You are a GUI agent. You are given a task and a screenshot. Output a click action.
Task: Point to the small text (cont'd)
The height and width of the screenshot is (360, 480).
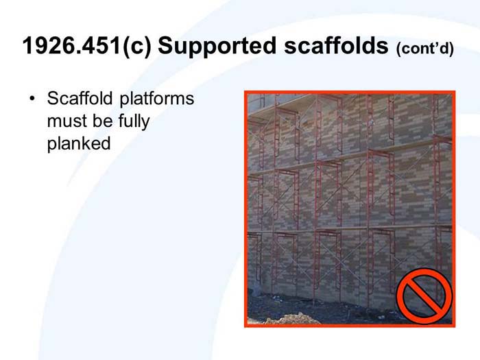coord(424,49)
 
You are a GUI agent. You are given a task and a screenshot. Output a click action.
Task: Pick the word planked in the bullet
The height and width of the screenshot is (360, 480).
coord(79,145)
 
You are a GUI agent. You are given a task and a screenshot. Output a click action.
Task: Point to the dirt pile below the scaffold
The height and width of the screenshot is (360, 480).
coord(291,318)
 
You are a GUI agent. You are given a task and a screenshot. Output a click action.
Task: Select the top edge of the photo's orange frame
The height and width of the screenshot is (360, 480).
coord(350,92)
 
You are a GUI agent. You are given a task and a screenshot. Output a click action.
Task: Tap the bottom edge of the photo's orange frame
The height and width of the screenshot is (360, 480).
coord(350,325)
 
